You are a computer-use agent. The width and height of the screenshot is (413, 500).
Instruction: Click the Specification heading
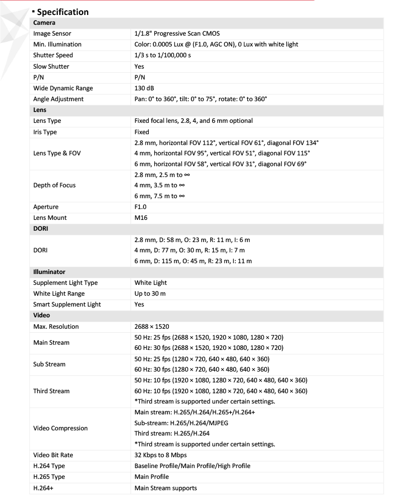pos(62,11)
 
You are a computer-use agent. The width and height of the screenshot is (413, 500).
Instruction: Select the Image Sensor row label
pos(52,34)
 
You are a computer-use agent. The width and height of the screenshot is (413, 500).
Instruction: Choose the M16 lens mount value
pos(141,218)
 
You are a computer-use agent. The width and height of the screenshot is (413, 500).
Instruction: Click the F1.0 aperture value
pos(140,207)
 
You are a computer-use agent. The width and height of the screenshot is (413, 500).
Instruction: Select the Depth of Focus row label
pos(54,185)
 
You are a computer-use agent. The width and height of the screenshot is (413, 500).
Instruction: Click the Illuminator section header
pos(49,271)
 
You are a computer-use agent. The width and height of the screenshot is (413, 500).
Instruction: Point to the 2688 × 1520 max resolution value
pos(152,327)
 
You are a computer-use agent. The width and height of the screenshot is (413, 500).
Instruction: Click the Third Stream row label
pos(51,391)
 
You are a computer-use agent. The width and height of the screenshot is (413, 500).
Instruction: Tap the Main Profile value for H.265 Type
pos(151,477)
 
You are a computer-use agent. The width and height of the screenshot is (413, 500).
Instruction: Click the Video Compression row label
pos(60,428)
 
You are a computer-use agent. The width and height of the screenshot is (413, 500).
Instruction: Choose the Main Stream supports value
pos(165,488)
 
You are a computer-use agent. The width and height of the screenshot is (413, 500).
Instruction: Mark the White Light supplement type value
pos(151,283)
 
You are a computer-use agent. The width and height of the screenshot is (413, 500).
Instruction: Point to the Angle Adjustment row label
pos(58,99)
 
